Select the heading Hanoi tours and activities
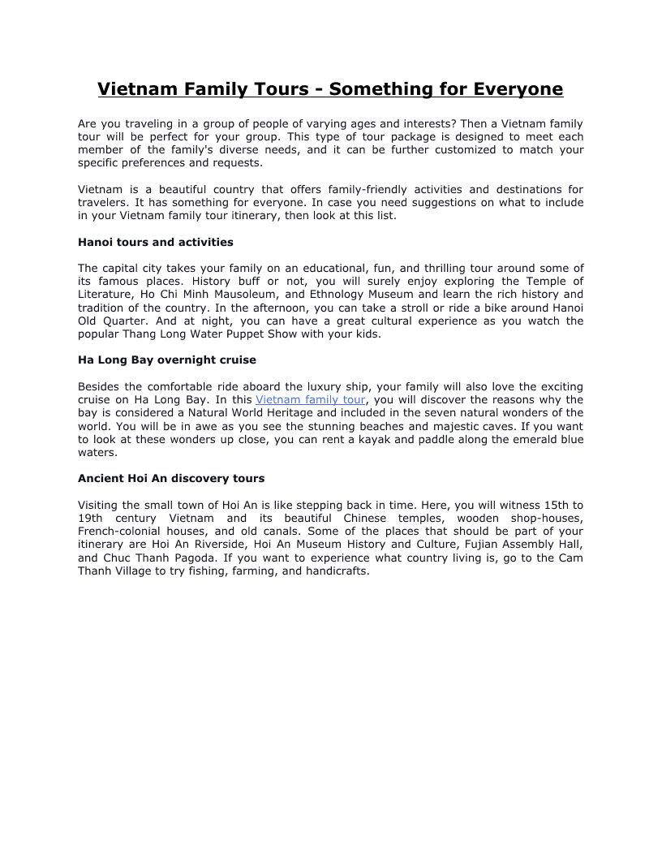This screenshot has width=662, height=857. pyautogui.click(x=155, y=242)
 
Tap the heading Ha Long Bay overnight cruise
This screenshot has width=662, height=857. pyautogui.click(x=166, y=360)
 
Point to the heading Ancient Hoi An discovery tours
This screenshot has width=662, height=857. pyautogui.click(x=170, y=478)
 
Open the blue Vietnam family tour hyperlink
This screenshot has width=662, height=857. pyautogui.click(x=310, y=399)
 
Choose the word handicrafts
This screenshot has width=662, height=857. pyautogui.click(x=335, y=571)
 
